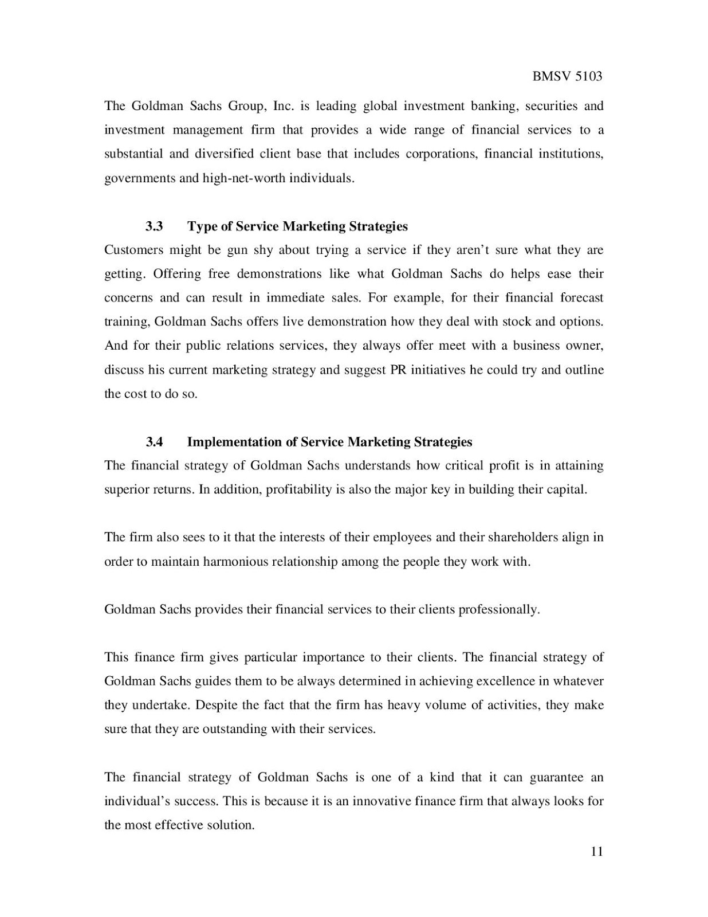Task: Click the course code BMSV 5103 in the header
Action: (567, 77)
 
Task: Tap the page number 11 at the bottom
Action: (596, 851)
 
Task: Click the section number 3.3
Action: (154, 226)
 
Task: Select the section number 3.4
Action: (154, 442)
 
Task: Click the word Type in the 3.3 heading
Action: (202, 226)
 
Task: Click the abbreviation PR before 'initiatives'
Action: (398, 370)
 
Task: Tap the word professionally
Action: (500, 609)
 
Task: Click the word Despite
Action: (216, 705)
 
